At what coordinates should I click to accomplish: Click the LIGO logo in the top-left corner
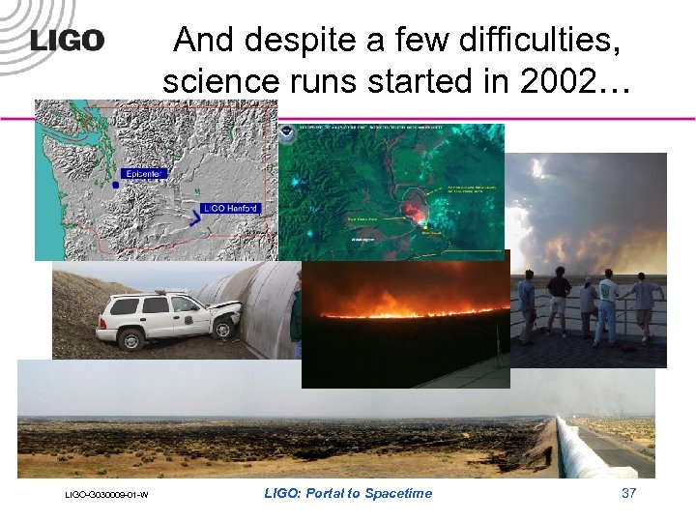point(67,41)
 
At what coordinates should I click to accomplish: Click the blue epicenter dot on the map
point(116,183)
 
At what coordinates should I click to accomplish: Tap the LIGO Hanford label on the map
point(232,208)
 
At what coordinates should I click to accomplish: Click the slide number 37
point(628,493)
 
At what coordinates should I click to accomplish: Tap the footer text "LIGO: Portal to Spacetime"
point(348,494)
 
